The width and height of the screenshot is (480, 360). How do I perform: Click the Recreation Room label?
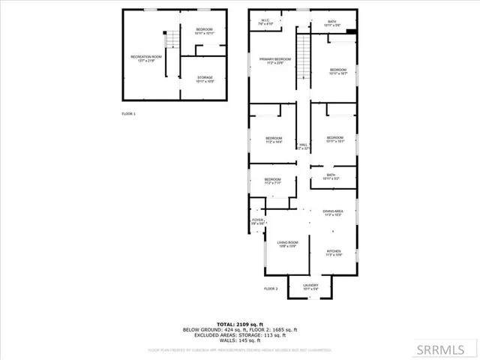click(147, 58)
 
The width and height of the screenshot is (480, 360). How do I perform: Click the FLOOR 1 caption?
click(129, 114)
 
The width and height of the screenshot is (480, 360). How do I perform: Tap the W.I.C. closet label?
click(265, 22)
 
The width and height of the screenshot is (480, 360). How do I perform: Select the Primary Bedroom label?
click(275, 61)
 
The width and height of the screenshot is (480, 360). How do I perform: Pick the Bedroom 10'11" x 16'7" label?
click(337, 72)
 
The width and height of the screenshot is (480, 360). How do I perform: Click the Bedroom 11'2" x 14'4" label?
click(274, 139)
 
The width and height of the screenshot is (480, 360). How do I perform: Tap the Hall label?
click(304, 147)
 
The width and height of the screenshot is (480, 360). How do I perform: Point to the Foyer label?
click(258, 222)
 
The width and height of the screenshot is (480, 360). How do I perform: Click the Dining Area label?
click(333, 214)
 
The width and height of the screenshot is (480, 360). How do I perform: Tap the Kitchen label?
click(334, 253)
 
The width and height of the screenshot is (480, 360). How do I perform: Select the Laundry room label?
click(310, 286)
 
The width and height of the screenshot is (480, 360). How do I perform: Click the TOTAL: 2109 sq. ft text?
click(239, 323)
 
